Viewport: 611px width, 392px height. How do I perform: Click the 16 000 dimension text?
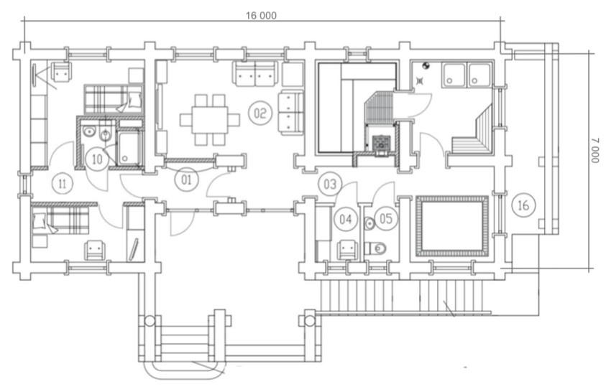[x=261, y=16]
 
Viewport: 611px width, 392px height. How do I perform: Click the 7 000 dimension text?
[x=595, y=150]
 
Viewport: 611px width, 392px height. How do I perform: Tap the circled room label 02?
[x=260, y=113]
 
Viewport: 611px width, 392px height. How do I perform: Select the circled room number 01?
[x=187, y=179]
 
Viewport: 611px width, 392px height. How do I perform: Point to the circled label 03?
[x=330, y=184]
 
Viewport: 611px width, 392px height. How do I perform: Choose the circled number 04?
[x=346, y=219]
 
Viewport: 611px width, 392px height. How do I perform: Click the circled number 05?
[x=386, y=218]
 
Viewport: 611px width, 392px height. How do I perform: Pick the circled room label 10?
[x=97, y=159]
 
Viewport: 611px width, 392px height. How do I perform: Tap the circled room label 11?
[x=63, y=183]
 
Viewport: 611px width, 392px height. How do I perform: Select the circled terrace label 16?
[x=524, y=205]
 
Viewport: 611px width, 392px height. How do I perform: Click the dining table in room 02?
[x=210, y=119]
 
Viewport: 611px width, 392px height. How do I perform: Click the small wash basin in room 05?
[x=369, y=223]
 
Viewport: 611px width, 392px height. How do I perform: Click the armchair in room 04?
[x=347, y=250]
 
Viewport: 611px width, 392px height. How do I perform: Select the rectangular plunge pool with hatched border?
[x=452, y=226]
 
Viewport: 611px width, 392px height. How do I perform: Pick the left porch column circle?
[x=150, y=321]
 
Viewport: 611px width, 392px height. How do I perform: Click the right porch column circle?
[x=309, y=321]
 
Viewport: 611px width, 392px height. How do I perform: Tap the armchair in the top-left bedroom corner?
[x=62, y=72]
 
